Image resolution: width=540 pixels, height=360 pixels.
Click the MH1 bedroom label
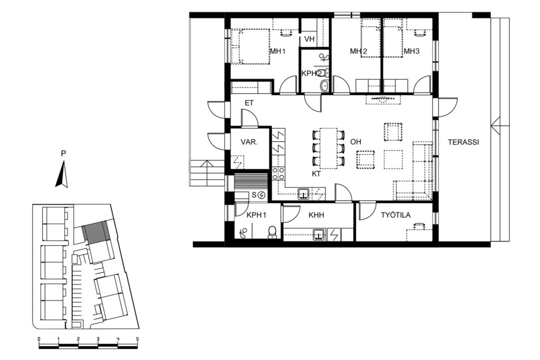[278, 52]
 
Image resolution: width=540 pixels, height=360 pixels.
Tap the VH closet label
[310, 39]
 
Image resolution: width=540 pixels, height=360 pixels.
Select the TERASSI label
[463, 142]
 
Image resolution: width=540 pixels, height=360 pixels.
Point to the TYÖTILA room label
[396, 215]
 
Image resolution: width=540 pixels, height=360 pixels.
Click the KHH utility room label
[316, 216]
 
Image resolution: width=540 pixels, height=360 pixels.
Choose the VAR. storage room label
[249, 142]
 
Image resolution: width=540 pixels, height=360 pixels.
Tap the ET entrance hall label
[249, 103]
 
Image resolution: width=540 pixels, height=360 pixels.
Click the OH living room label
[356, 142]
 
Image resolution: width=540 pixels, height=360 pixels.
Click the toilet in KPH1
[273, 232]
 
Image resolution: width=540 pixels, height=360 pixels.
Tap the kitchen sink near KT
[303, 194]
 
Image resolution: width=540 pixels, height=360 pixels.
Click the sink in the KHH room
[319, 235]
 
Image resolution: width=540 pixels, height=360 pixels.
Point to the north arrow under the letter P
[62, 175]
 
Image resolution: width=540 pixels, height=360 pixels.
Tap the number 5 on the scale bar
[138, 339]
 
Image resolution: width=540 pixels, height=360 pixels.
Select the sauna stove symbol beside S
[262, 195]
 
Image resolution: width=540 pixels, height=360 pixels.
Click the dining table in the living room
[328, 148]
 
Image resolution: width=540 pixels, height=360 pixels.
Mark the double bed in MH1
[250, 46]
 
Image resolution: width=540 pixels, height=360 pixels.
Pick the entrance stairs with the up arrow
[207, 173]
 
